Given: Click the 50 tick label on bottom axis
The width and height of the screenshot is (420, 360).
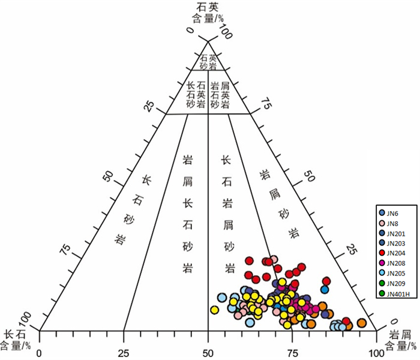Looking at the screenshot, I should (x=208, y=353).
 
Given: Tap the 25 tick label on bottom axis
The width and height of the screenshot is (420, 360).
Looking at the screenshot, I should (x=124, y=353).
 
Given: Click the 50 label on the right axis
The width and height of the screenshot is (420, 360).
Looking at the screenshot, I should (x=309, y=176).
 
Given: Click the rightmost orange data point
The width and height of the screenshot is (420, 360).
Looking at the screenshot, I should (x=361, y=323).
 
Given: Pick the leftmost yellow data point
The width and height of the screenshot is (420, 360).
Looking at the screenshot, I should (x=214, y=310).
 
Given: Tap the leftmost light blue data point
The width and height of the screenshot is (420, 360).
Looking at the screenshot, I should (x=222, y=298).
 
